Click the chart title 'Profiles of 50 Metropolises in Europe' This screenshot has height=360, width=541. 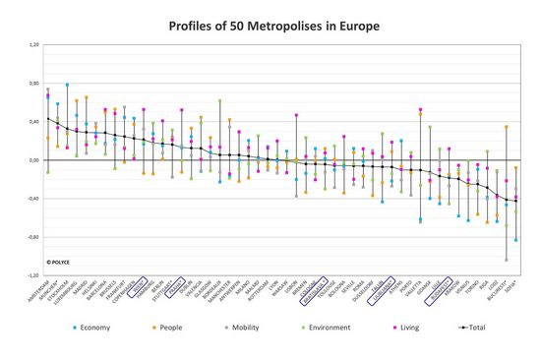(x=270, y=22)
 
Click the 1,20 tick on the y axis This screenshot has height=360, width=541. (x=33, y=45)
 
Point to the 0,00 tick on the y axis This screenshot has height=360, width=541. (x=33, y=160)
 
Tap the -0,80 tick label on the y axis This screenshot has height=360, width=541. (x=32, y=237)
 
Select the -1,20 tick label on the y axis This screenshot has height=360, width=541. (x=32, y=275)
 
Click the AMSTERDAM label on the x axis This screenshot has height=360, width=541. (x=38, y=292)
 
